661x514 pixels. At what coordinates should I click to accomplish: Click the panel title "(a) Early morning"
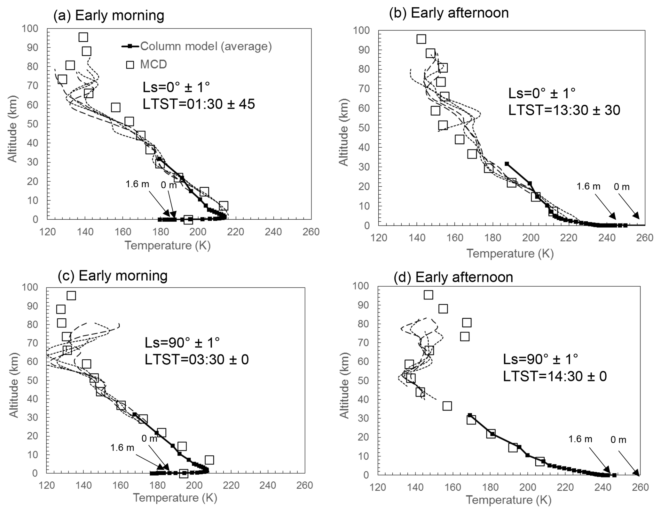(109, 15)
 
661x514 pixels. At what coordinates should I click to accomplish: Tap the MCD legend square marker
(130, 65)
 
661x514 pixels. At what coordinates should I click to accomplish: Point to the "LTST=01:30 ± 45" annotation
(199, 104)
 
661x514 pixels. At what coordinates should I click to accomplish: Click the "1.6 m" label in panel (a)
(137, 184)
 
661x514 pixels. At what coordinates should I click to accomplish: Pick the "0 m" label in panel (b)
(621, 187)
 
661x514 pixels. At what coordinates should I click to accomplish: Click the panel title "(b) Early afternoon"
(449, 13)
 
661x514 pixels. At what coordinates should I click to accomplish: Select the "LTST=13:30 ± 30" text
(564, 110)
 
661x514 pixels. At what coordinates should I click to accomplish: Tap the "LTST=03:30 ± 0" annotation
(197, 360)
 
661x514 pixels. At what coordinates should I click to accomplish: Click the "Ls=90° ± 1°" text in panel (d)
(540, 359)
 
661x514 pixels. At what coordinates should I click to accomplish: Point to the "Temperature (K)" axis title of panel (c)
(175, 498)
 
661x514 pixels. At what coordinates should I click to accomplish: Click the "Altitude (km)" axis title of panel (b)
(343, 132)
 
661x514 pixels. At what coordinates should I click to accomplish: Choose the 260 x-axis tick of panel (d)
(641, 487)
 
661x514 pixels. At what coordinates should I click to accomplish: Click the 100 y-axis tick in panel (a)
(30, 29)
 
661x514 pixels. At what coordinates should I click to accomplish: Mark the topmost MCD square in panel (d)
(428, 295)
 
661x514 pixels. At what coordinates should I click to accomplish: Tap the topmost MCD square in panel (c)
(71, 295)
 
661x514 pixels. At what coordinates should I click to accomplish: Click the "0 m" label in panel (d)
(618, 440)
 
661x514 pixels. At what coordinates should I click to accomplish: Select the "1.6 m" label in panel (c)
(122, 447)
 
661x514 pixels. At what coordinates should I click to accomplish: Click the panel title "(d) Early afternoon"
(453, 277)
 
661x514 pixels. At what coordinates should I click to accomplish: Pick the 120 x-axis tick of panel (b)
(379, 238)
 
